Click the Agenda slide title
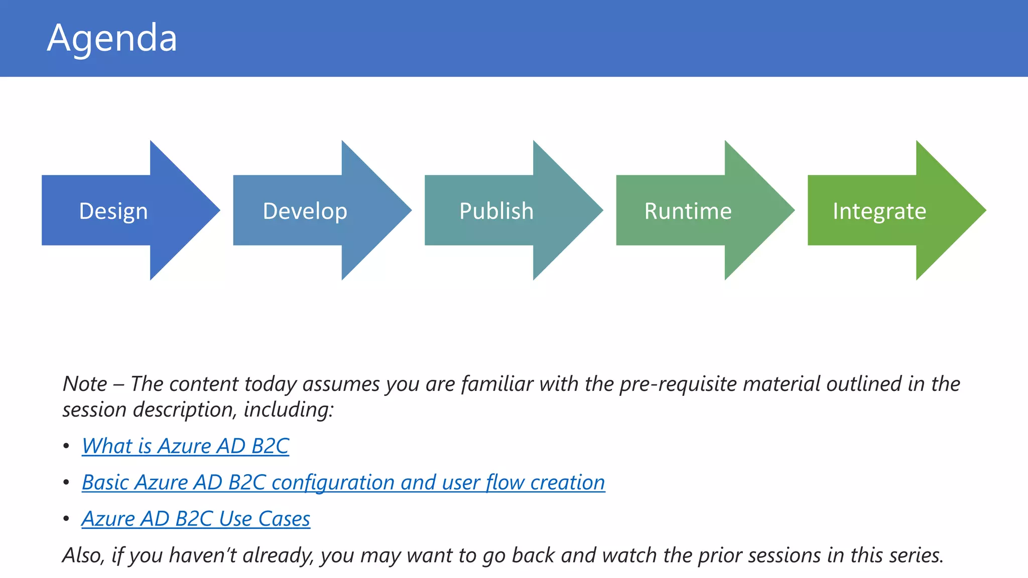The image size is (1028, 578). (x=112, y=38)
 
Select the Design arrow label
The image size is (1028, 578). (x=113, y=211)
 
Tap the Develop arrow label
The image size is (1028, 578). (x=305, y=211)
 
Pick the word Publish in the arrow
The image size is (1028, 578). (x=496, y=211)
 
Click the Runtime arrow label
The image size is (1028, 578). (x=688, y=211)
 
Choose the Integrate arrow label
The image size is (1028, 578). (x=879, y=211)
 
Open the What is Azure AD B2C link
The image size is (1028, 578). (x=185, y=446)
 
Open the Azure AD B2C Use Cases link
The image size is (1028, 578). (x=196, y=518)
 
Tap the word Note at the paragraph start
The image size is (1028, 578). (x=85, y=384)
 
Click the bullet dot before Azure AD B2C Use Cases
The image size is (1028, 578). (x=66, y=519)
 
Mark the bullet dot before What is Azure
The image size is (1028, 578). (x=66, y=446)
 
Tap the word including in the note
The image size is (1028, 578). (x=288, y=410)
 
